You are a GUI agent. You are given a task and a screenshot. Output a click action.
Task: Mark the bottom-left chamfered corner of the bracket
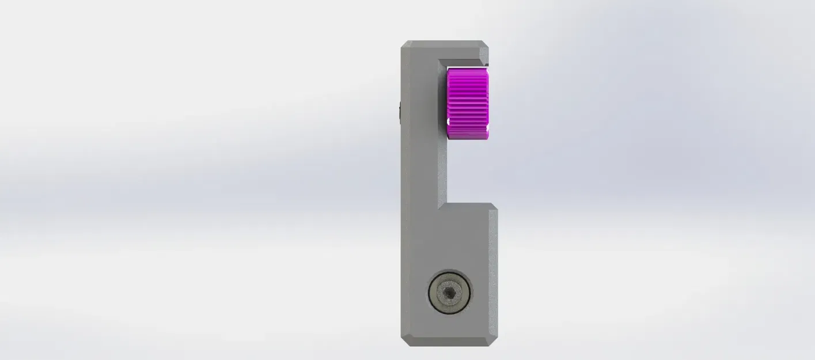click(405, 342)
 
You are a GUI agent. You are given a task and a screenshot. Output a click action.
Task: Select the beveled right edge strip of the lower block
click(493, 271)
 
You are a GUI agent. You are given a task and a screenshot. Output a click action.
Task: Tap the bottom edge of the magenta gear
click(468, 138)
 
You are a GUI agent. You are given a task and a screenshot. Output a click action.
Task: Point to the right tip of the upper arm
click(487, 55)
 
